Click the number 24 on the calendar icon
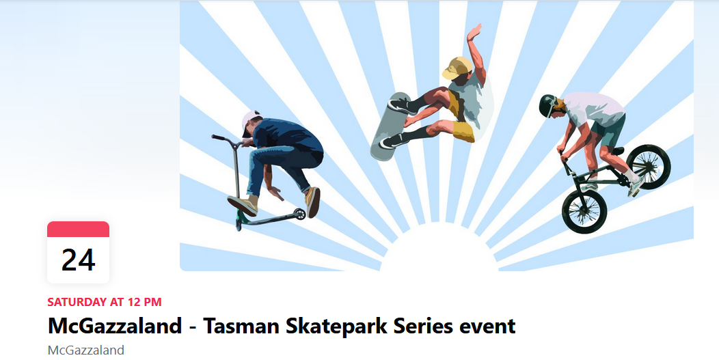[x=78, y=260]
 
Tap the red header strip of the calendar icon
[x=78, y=230]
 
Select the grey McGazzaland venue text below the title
[x=85, y=350]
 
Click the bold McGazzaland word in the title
[x=115, y=326]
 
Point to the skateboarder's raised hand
[x=474, y=32]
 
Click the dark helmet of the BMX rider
[x=547, y=105]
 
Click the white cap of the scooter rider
[x=250, y=122]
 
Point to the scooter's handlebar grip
[x=219, y=137]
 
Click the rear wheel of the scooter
[x=300, y=214]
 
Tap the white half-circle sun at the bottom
[x=439, y=250]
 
